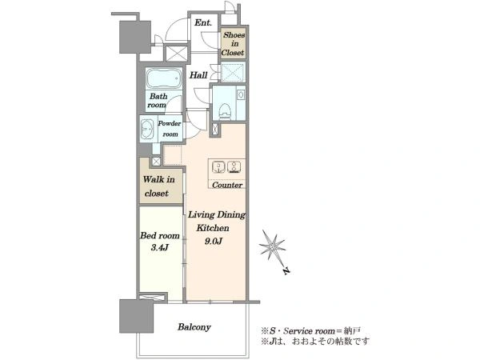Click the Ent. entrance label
pyautogui.click(x=203, y=22)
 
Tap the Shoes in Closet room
pyautogui.click(x=234, y=43)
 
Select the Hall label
pyautogui.click(x=198, y=75)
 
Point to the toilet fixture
pyautogui.click(x=226, y=111)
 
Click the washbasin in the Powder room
pyautogui.click(x=147, y=129)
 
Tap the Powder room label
pyautogui.click(x=170, y=129)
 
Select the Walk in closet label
pyautogui.click(x=158, y=186)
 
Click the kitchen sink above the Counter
pyautogui.click(x=218, y=167)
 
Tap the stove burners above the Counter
pyautogui.click(x=234, y=167)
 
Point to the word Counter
pyautogui.click(x=227, y=185)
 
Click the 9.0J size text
pyautogui.click(x=213, y=242)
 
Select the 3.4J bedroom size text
pyautogui.click(x=159, y=248)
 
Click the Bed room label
pyautogui.click(x=159, y=235)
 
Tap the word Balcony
pyautogui.click(x=194, y=327)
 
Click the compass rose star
pyautogui.click(x=272, y=246)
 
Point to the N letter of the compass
pyautogui.click(x=286, y=270)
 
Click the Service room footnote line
pyautogui.click(x=310, y=331)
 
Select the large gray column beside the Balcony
pyautogui.click(x=136, y=316)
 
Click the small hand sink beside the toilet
pyautogui.click(x=241, y=94)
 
